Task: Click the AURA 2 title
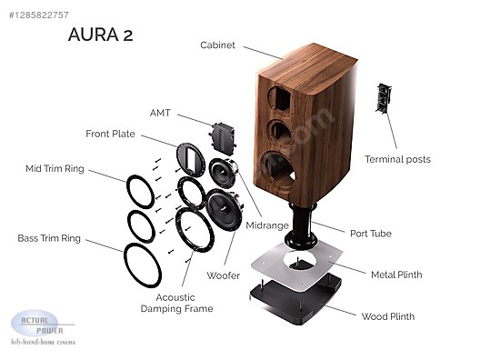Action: click(100, 35)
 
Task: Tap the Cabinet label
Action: click(217, 45)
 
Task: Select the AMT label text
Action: click(160, 113)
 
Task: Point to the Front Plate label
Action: click(110, 134)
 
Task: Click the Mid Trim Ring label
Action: click(55, 169)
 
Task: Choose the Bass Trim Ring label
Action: click(49, 238)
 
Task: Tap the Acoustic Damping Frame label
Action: click(176, 303)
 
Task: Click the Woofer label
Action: click(223, 275)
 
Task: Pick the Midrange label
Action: click(267, 225)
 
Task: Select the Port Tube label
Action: click(371, 234)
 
